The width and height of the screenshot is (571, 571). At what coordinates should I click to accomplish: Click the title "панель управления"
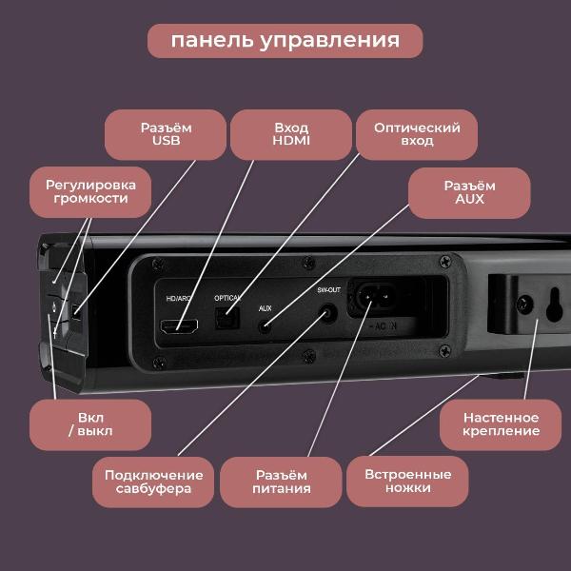[x=285, y=41]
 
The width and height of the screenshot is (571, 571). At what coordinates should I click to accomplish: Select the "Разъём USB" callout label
[x=166, y=134]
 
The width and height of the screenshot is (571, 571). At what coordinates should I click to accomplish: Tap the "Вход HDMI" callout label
[x=291, y=134]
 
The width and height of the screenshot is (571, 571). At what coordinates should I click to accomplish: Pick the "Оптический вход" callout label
[x=417, y=134]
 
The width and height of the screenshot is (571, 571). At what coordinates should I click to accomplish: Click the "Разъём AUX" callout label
[x=469, y=193]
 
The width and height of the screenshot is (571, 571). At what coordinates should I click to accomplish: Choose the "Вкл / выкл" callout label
[x=89, y=424]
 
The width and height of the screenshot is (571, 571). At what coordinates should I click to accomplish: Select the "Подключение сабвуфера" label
[x=153, y=482]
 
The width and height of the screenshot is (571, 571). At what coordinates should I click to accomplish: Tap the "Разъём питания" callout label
[x=282, y=482]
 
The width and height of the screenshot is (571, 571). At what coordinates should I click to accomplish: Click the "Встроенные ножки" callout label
[x=407, y=482]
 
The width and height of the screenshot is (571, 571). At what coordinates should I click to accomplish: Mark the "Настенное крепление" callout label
[x=501, y=424]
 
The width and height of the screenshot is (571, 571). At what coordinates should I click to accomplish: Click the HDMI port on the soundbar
[x=180, y=326]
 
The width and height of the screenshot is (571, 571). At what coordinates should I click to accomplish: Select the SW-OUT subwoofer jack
[x=329, y=311]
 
